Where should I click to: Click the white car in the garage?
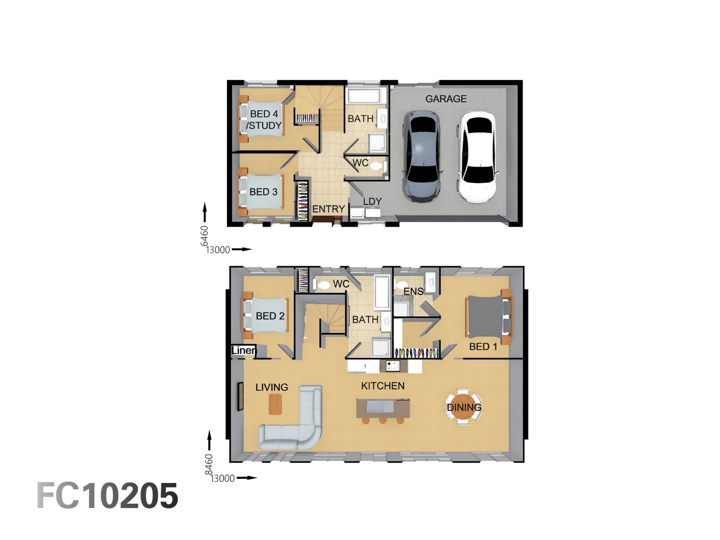point(476,157)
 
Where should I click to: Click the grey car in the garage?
point(422,156)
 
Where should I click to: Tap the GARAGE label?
point(446,99)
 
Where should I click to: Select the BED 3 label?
point(263,192)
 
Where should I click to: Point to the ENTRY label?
point(328,209)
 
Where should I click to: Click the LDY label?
point(372,201)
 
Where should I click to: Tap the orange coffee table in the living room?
point(275,404)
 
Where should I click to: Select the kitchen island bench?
point(383,408)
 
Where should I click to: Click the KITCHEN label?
point(382,386)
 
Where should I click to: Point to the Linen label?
point(243,350)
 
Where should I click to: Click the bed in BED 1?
point(487,316)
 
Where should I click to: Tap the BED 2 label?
point(270,316)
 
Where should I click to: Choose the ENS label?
point(413,291)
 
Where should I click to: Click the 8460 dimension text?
point(209,464)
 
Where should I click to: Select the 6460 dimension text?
point(204,235)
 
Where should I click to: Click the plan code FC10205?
point(107,496)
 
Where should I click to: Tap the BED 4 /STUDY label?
point(264,120)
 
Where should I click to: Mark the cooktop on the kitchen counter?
point(393,366)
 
